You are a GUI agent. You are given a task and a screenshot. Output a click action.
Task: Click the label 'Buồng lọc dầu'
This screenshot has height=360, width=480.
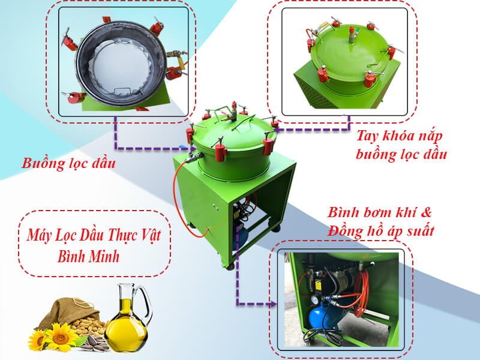tap(68, 163)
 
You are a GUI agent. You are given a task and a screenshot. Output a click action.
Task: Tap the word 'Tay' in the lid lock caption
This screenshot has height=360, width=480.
tap(367, 136)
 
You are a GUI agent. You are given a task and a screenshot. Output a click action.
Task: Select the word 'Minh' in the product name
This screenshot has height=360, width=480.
tap(103, 256)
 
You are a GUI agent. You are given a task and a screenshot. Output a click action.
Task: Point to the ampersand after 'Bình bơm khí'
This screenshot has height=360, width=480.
tap(425, 212)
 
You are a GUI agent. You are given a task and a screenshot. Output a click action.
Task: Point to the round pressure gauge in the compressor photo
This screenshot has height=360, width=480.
tap(316, 299)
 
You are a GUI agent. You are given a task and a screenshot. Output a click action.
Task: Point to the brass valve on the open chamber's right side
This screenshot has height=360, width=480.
tap(175, 55)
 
